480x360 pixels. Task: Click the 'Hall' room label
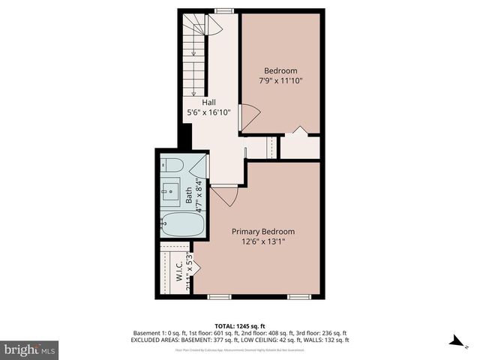coord(208,102)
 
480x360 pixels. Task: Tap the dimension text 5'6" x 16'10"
coord(208,112)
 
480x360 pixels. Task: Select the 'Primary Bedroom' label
coord(262,232)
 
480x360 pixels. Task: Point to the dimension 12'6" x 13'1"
coord(262,241)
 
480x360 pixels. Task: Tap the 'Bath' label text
coord(189,196)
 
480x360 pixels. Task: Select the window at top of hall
coord(223,10)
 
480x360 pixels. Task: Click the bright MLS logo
coord(30,349)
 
